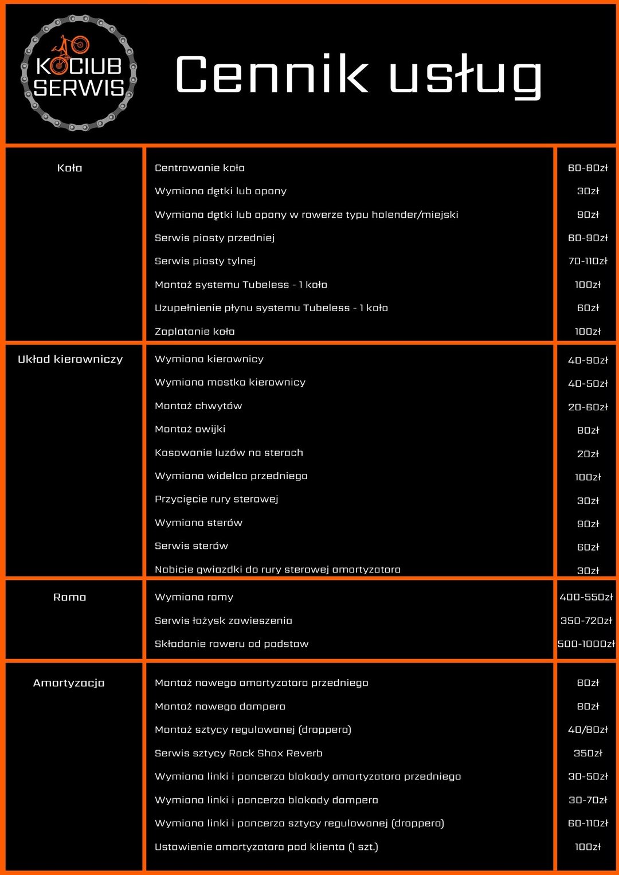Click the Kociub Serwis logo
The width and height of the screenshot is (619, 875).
click(x=79, y=73)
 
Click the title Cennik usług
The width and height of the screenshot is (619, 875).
click(x=358, y=75)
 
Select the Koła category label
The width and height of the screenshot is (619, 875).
click(x=70, y=168)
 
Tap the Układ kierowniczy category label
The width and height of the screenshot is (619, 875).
click(x=70, y=359)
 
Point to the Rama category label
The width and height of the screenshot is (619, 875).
click(x=70, y=597)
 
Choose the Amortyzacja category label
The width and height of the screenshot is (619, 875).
click(x=69, y=683)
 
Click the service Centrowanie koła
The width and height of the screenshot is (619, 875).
click(x=199, y=168)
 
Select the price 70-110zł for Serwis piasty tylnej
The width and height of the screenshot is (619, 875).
click(x=587, y=261)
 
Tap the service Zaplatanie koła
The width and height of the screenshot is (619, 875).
click(x=195, y=331)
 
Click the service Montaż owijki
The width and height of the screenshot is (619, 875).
click(x=190, y=429)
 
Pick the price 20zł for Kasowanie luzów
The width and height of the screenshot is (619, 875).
click(x=587, y=454)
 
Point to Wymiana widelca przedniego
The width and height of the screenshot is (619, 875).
click(x=231, y=476)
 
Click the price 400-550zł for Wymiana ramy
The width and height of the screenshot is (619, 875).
click(x=586, y=597)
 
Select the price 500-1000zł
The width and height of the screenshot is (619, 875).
click(x=586, y=644)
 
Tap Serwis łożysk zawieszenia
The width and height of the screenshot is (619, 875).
click(x=224, y=621)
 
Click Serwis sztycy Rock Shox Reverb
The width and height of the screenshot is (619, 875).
click(x=238, y=754)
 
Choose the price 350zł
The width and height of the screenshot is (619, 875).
click(x=587, y=754)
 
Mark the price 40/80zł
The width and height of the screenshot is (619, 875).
click(x=587, y=730)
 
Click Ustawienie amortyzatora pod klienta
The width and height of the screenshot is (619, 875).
click(x=267, y=847)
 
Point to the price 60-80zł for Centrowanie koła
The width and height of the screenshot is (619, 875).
click(x=587, y=168)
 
